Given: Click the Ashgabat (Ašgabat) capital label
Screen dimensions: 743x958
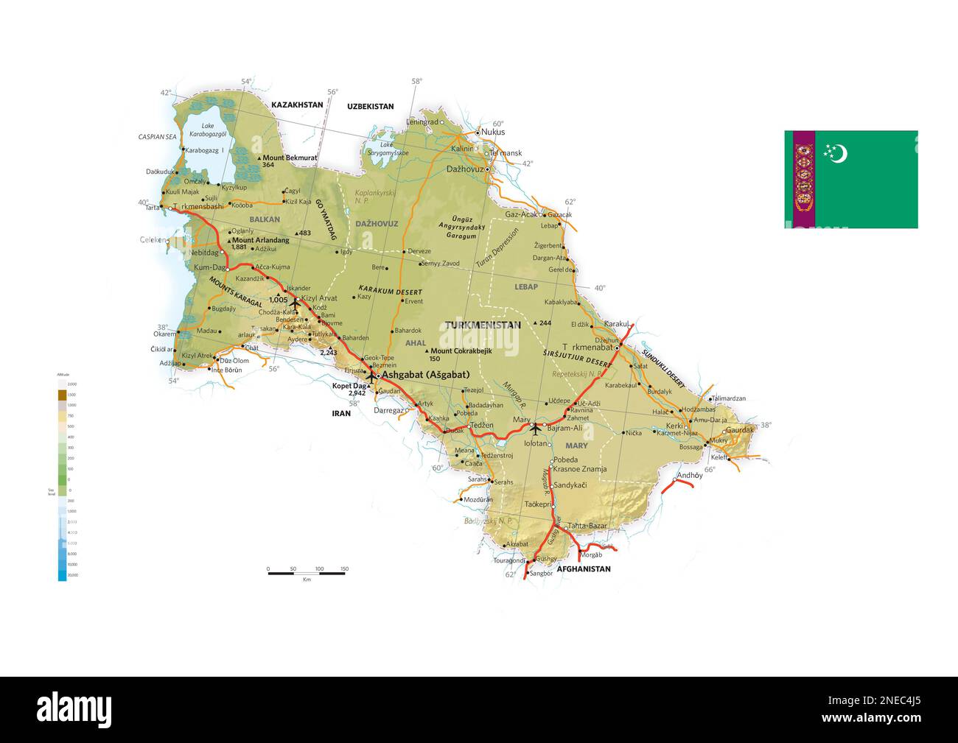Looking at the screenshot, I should [x=426, y=374].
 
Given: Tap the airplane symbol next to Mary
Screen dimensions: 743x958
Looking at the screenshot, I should [x=536, y=426].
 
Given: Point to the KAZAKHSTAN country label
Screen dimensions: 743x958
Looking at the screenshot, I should [x=297, y=105].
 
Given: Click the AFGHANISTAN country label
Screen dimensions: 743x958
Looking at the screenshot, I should [x=584, y=569].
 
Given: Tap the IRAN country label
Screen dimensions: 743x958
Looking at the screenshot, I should [x=341, y=413].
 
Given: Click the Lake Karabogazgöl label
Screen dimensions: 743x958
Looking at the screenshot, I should [x=207, y=130].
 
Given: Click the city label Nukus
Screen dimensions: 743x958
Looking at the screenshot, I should [x=493, y=132].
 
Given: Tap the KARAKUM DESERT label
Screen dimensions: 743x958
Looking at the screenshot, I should [x=390, y=291].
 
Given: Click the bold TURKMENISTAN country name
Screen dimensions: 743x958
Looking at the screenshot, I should [x=483, y=325].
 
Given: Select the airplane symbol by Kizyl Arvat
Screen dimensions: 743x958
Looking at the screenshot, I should [x=296, y=302].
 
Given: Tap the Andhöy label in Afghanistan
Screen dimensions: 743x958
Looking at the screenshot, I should [x=690, y=475].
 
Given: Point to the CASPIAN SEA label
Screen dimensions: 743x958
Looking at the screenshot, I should [x=158, y=137].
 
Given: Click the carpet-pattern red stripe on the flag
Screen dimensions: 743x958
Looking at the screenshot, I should [x=804, y=179].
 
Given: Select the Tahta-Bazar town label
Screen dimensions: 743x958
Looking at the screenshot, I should [x=587, y=526].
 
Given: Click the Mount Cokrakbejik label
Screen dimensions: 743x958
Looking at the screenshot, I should [x=461, y=351].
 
